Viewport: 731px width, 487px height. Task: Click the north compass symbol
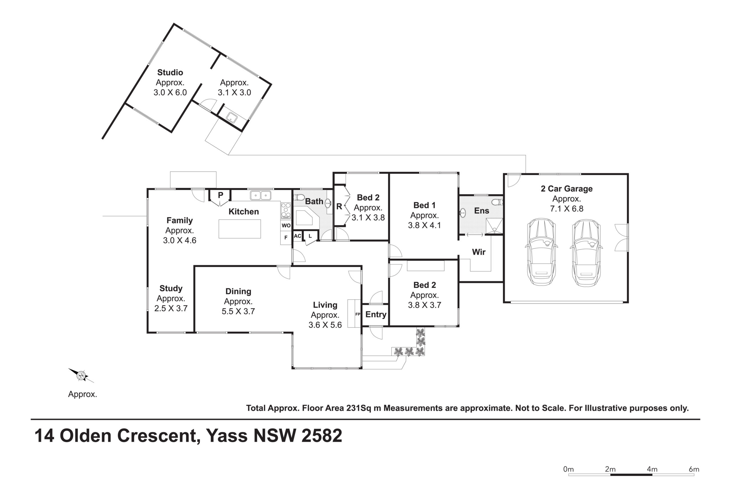pos(81,375)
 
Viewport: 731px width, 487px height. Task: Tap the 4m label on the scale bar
pos(652,469)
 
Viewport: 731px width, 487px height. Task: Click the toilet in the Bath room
pos(299,197)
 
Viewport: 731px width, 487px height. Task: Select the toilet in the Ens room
pos(497,202)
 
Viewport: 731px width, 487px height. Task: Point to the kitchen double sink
pos(260,195)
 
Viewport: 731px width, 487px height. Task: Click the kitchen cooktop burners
pos(286,211)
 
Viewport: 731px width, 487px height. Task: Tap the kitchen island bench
pos(240,229)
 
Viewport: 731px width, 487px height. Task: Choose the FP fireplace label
pos(358,314)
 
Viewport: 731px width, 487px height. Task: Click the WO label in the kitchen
pos(286,226)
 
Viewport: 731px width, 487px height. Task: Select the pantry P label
pos(220,195)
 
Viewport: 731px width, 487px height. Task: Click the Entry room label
pos(375,315)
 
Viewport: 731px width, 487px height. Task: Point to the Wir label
pos(479,252)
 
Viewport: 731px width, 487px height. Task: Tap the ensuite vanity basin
pos(463,213)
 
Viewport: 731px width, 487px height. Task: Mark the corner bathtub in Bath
pos(307,217)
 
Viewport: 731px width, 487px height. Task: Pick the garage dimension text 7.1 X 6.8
pos(567,209)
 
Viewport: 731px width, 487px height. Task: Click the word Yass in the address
pos(227,435)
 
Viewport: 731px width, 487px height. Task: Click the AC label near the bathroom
pos(297,236)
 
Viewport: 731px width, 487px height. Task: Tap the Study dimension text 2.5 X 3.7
pos(171,308)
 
